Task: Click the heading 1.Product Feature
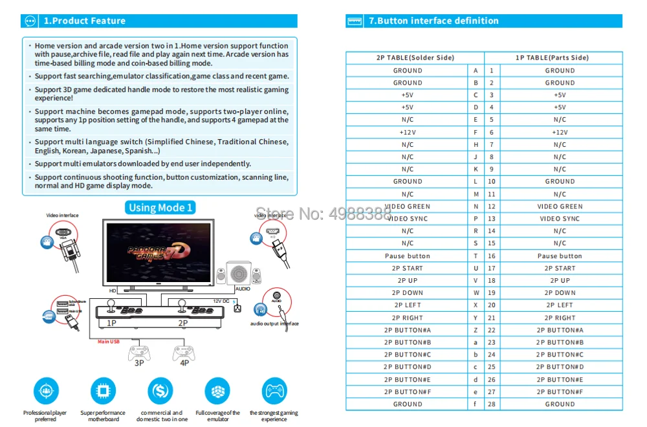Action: pyautogui.click(x=84, y=21)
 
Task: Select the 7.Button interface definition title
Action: pyautogui.click(x=433, y=21)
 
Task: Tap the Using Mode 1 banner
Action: pyautogui.click(x=161, y=207)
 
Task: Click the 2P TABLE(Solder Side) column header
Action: pyautogui.click(x=415, y=58)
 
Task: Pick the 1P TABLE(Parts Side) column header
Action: pyautogui.click(x=553, y=58)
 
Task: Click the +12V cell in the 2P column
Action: pyautogui.click(x=408, y=132)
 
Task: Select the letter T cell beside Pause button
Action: pyautogui.click(x=476, y=256)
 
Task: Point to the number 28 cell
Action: pyautogui.click(x=492, y=404)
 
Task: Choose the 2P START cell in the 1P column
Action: pyautogui.click(x=560, y=268)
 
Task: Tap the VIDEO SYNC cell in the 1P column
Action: pyautogui.click(x=560, y=219)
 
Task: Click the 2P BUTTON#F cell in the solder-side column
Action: pyautogui.click(x=408, y=391)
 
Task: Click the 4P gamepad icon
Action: pyautogui.click(x=183, y=353)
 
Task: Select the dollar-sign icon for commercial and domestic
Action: pyautogui.click(x=160, y=391)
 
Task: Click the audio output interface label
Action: pyautogui.click(x=274, y=323)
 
